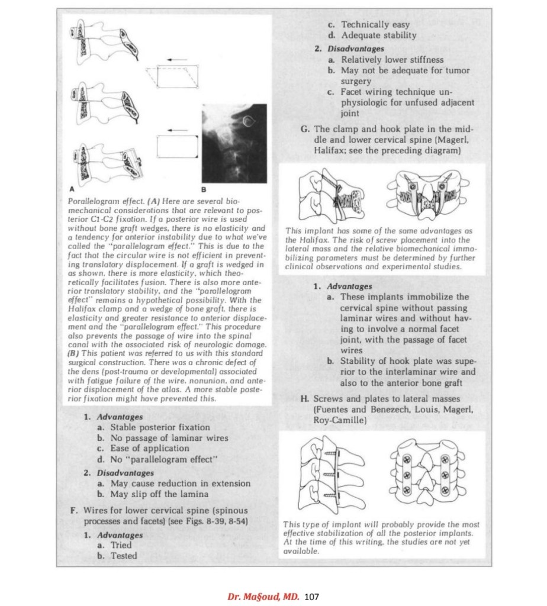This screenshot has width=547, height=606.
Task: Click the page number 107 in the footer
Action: (x=311, y=595)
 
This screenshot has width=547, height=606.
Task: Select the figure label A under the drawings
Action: (x=71, y=189)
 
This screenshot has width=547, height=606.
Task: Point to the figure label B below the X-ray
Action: (x=203, y=189)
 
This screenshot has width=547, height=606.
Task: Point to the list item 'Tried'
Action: (x=121, y=545)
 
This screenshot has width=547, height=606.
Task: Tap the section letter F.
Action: (x=74, y=510)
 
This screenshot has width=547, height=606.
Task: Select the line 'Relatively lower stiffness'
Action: (x=392, y=60)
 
